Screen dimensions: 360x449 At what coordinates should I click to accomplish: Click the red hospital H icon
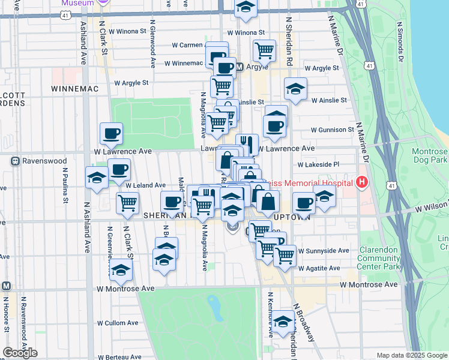click(362, 182)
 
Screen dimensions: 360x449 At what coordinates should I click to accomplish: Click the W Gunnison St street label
click(333, 130)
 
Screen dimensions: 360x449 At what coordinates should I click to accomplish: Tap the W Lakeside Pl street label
click(318, 164)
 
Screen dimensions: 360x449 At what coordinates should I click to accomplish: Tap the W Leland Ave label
click(145, 185)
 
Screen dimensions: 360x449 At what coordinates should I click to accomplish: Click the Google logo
click(20, 353)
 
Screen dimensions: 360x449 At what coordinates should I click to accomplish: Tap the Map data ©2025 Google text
click(411, 355)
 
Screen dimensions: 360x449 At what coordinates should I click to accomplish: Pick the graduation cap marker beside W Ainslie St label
click(295, 89)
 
